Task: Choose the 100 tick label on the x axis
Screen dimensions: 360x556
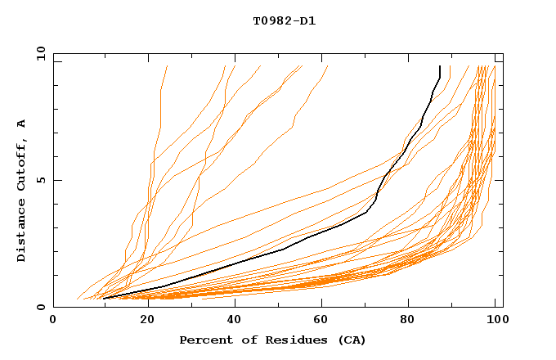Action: pos(496,321)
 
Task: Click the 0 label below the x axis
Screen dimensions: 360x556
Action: pos(53,321)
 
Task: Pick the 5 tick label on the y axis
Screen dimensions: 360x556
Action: pos(40,180)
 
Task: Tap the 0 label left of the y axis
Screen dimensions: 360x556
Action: pos(40,307)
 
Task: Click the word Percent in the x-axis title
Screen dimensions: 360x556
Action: pos(204,340)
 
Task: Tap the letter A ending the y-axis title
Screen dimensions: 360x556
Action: pos(22,123)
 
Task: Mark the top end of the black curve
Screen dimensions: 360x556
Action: pos(440,66)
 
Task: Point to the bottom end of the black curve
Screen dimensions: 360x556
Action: pos(104,298)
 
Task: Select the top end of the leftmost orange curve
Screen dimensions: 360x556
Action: pos(167,66)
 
